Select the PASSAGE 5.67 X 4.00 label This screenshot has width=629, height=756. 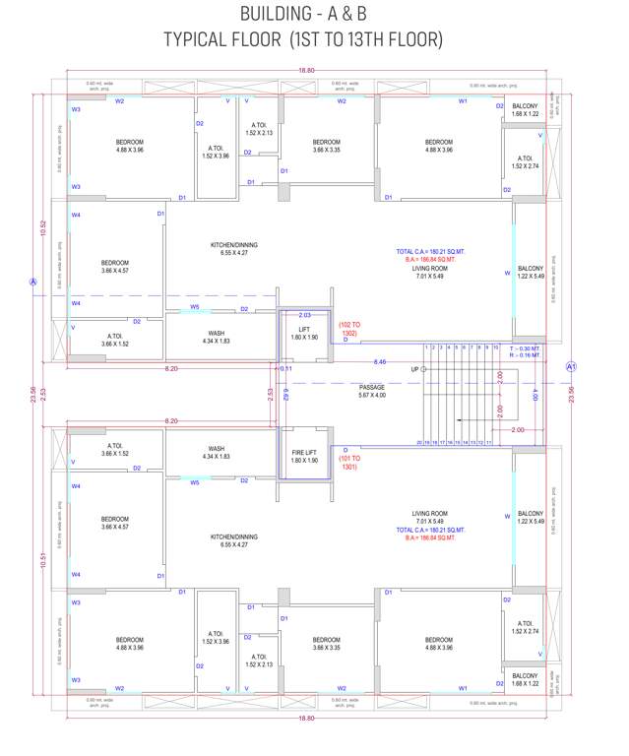click(372, 392)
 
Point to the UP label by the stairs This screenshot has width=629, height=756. click(414, 369)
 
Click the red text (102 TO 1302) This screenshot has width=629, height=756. click(349, 329)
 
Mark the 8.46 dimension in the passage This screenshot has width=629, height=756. click(380, 362)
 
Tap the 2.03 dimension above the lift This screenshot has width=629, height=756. click(304, 315)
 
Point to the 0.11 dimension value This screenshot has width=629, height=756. click(285, 368)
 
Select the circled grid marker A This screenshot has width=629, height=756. click(32, 282)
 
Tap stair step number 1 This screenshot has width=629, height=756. click(426, 347)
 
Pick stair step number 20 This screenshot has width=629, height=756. click(420, 443)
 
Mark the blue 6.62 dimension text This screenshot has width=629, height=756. click(286, 396)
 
